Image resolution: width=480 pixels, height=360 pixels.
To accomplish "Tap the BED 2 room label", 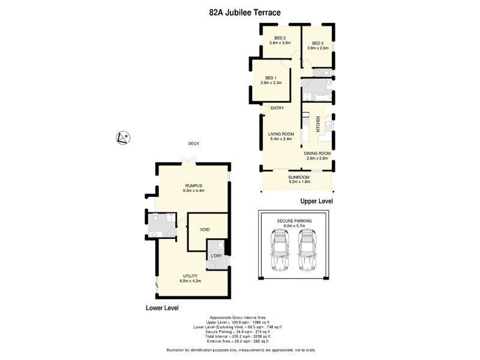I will pyautogui.click(x=280, y=38).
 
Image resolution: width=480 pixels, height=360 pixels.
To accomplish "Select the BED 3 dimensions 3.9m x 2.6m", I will pyautogui.click(x=316, y=47).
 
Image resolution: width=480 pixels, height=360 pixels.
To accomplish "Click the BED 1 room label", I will pyautogui.click(x=271, y=77).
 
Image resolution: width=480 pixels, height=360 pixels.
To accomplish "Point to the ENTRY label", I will pyautogui.click(x=277, y=108).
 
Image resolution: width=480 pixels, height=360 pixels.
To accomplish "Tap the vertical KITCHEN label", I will pyautogui.click(x=310, y=124).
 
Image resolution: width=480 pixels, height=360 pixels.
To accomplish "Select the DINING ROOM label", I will pyautogui.click(x=317, y=153).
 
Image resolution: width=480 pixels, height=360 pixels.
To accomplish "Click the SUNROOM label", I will pyautogui.click(x=298, y=177).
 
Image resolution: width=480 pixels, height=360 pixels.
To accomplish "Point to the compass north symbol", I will pyautogui.click(x=122, y=138).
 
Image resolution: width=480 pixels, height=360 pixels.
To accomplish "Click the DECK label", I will pyautogui.click(x=193, y=143).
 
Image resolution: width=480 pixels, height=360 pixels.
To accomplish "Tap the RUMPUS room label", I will pyautogui.click(x=193, y=185).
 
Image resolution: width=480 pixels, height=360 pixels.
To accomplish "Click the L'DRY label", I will pyautogui.click(x=215, y=256).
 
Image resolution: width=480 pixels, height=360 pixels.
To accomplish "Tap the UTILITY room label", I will pyautogui.click(x=190, y=276).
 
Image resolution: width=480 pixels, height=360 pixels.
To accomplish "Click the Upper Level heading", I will pyautogui.click(x=316, y=201).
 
